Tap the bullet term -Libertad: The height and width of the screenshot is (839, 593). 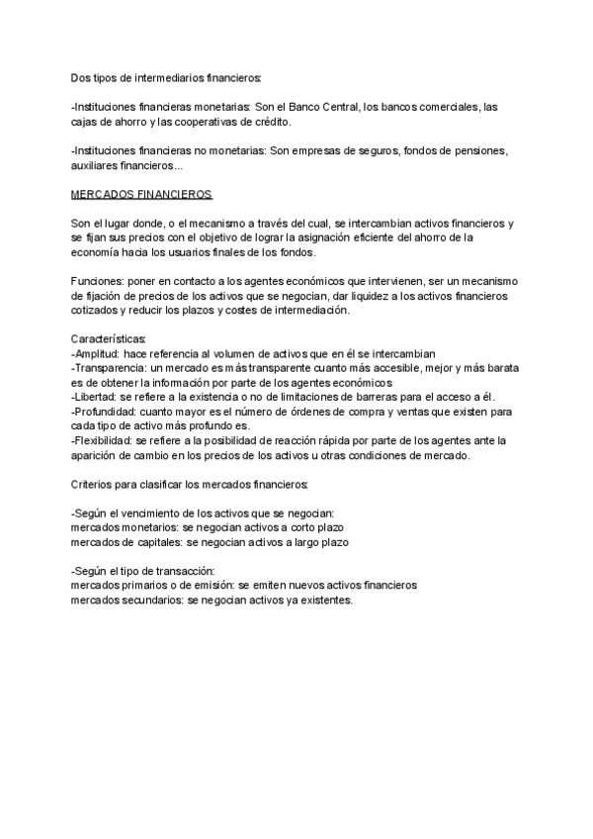[x=95, y=398]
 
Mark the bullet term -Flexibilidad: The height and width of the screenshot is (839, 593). [x=104, y=441]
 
